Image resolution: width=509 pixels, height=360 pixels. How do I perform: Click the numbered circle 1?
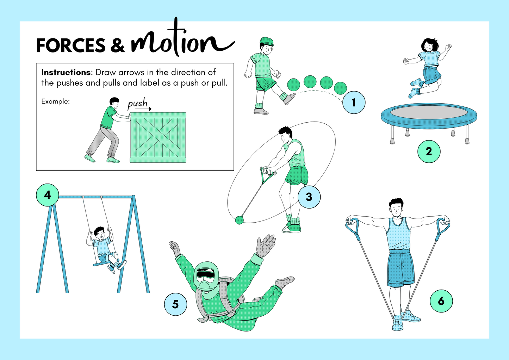tap(354, 103)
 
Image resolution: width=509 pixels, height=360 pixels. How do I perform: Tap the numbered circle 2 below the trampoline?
tap(429, 151)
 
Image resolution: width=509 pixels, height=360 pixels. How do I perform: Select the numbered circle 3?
tap(309, 197)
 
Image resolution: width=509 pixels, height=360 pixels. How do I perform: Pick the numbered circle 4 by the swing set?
tap(48, 195)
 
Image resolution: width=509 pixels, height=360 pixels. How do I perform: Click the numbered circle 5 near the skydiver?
tap(175, 304)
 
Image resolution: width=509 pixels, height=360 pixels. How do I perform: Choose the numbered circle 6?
tap(441, 301)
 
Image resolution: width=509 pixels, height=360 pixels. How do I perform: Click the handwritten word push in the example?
tap(137, 104)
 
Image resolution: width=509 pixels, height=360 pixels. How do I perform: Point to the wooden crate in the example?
tap(158, 138)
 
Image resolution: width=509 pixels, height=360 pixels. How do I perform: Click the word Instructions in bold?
tap(66, 72)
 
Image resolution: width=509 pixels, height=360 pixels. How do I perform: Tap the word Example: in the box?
tap(55, 101)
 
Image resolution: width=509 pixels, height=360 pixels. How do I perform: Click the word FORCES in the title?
tap(70, 46)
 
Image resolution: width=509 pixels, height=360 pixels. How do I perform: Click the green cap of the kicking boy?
tap(267, 41)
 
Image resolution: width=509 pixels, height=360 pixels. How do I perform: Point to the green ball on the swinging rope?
tap(240, 220)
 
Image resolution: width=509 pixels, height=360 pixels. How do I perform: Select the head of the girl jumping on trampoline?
tap(429, 45)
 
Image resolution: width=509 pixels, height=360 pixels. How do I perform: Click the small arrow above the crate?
tap(143, 109)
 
